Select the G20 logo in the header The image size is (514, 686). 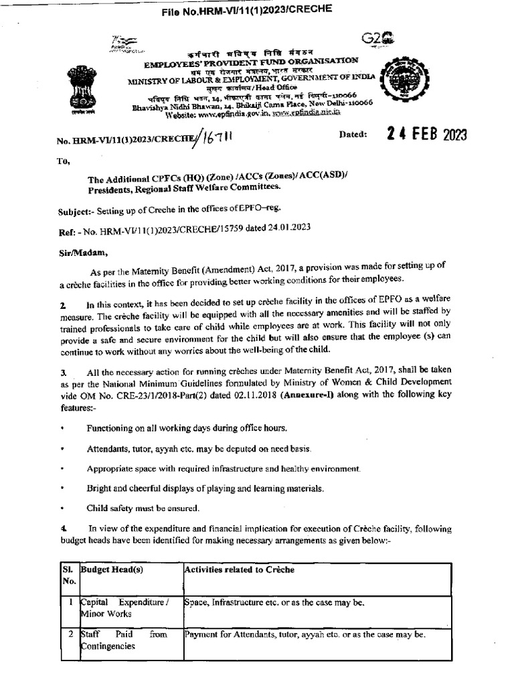tap(377, 39)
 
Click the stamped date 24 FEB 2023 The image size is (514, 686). tap(426, 134)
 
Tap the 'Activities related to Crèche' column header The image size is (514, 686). tap(239, 569)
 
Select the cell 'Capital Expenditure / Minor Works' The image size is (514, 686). tap(124, 608)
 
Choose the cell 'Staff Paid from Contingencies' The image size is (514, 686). tap(124, 640)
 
